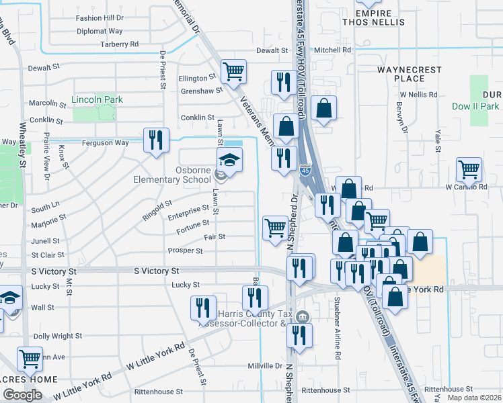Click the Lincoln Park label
point(97,100)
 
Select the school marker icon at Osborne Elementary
point(229,161)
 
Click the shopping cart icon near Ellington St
point(233,71)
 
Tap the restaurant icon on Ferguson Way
point(156,140)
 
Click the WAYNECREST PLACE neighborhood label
point(410,74)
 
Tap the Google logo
point(22,395)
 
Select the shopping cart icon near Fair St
point(274,228)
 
